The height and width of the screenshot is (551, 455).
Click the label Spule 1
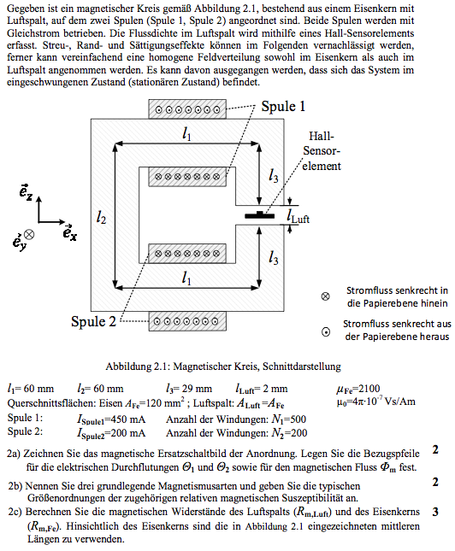[x=283, y=107]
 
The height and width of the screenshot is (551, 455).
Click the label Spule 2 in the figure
[x=93, y=321]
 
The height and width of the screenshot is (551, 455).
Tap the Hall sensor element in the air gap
[x=260, y=215]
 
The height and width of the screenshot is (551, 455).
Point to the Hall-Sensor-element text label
[x=322, y=151]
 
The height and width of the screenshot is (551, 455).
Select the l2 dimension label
[x=101, y=219]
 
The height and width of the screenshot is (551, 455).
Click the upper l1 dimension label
[x=186, y=133]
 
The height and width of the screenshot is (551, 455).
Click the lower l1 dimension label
[x=186, y=278]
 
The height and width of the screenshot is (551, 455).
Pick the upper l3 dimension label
[x=273, y=175]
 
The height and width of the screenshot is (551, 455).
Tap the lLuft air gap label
[x=298, y=216]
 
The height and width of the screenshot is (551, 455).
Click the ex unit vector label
[x=69, y=232]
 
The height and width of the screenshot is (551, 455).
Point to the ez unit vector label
[x=26, y=192]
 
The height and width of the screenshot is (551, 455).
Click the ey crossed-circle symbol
[x=29, y=234]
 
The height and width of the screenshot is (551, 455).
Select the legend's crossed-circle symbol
[x=326, y=296]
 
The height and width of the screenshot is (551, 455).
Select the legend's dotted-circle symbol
[x=326, y=331]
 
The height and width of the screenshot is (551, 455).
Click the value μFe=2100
[x=358, y=389]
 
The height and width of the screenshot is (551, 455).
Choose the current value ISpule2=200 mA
[x=111, y=433]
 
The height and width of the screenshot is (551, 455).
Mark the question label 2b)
[x=15, y=486]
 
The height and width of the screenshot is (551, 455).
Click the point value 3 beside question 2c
[x=435, y=512]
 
